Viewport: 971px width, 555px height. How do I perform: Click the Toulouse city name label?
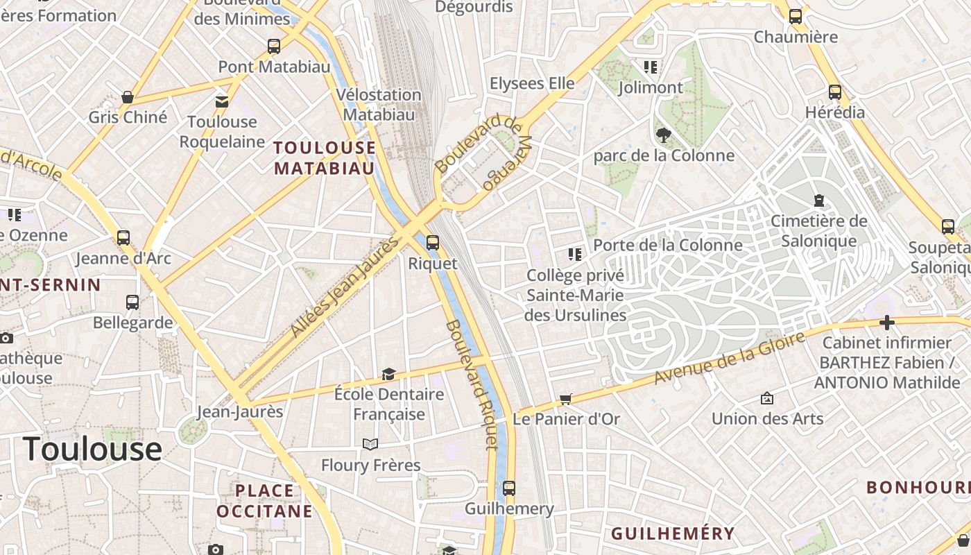click(x=92, y=449)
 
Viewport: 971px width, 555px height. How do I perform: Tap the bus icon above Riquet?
click(x=433, y=243)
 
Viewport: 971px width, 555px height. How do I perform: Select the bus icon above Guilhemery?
click(x=509, y=488)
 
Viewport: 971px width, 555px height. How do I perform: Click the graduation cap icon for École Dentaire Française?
click(x=388, y=375)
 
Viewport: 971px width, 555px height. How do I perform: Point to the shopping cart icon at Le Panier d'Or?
click(x=566, y=399)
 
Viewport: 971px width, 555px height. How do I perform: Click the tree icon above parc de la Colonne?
click(x=663, y=135)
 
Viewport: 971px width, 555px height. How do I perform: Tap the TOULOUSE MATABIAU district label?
click(x=325, y=158)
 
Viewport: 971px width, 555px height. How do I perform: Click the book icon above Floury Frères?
click(x=370, y=444)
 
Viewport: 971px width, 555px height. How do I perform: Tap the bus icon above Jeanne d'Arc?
click(x=123, y=238)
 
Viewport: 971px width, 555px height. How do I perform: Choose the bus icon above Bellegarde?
click(x=132, y=302)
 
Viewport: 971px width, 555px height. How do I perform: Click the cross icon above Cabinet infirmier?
click(x=886, y=323)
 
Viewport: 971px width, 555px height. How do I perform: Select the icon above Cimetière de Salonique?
click(x=819, y=200)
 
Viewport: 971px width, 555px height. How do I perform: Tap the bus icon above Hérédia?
click(x=835, y=92)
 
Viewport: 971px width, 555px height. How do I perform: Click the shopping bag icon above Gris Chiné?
click(x=128, y=97)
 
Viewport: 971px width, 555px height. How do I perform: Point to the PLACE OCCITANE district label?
click(x=264, y=501)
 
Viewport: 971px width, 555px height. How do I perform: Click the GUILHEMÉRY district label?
click(x=672, y=533)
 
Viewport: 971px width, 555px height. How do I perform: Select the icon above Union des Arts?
click(x=767, y=398)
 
